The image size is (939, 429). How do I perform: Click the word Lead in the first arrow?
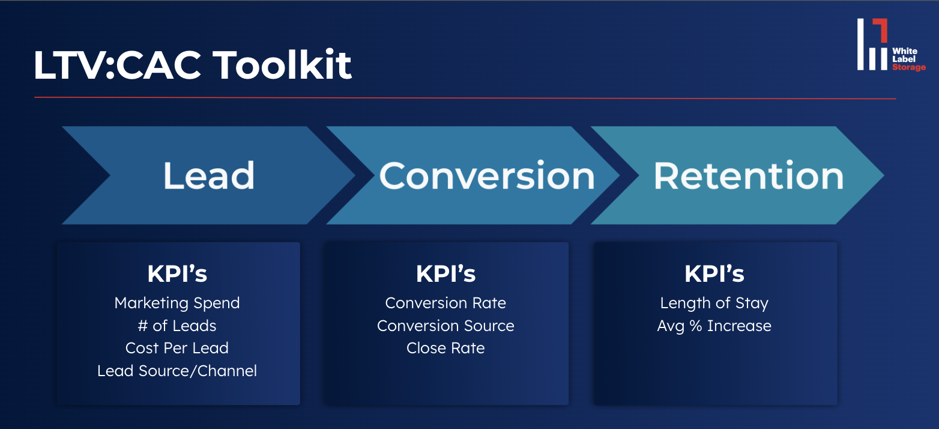(209, 175)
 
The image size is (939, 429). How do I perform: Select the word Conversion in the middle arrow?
(486, 175)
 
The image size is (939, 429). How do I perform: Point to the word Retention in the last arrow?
(749, 175)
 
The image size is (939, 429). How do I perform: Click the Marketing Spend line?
(177, 303)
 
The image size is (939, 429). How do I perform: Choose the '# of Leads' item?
(177, 326)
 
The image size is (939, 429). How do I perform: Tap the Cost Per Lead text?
(177, 348)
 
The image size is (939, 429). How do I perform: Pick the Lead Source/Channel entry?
(177, 371)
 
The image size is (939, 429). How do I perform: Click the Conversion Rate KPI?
(445, 303)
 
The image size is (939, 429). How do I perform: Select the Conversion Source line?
(445, 326)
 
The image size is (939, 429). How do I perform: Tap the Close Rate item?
(445, 348)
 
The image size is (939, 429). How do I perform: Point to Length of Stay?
(714, 303)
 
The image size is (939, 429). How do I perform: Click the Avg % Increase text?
(714, 326)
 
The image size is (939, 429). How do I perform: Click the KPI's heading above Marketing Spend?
(177, 274)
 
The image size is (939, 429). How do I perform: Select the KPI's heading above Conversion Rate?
(445, 274)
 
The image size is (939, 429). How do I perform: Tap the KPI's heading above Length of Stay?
(714, 274)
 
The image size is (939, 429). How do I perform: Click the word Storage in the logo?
(908, 67)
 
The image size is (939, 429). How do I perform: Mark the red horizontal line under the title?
(465, 98)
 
